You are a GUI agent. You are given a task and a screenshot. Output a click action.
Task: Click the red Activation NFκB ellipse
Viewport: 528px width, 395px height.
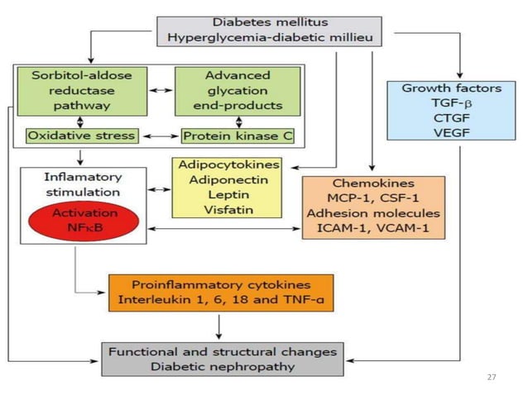(x=73, y=220)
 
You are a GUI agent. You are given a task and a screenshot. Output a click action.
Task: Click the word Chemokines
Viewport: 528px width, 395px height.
(x=373, y=183)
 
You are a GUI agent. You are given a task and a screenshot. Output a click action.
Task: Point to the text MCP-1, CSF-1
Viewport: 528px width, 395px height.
(x=373, y=198)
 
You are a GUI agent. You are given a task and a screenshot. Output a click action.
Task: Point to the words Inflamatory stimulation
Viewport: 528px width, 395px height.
(x=73, y=183)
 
